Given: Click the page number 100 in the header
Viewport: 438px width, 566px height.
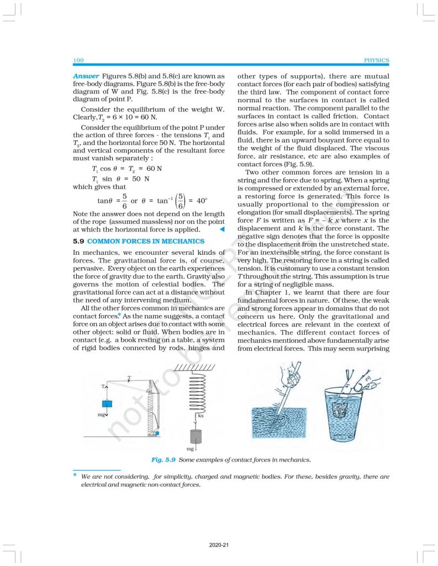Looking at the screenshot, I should [x=78, y=60].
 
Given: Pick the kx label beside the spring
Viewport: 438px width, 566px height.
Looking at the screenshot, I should [x=201, y=415].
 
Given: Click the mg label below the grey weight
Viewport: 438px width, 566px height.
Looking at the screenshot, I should [x=191, y=449].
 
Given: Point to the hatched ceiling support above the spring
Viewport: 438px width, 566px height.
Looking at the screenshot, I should [x=197, y=369].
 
